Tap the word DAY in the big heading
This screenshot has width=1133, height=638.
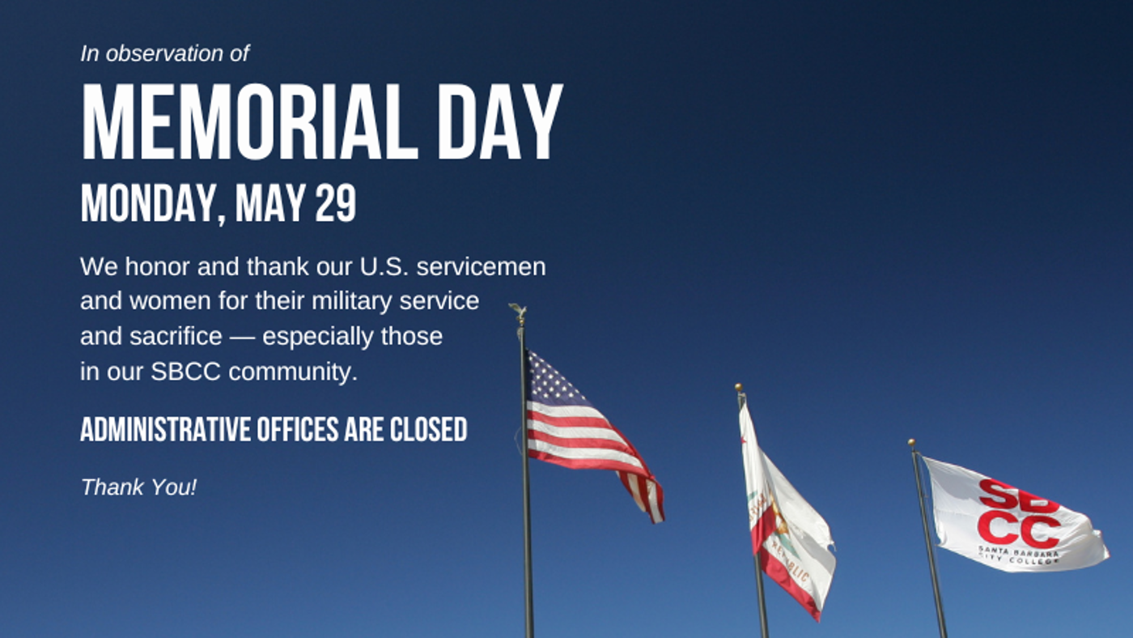500,122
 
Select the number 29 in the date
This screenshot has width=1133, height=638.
336,202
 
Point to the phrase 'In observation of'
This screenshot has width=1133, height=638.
165,53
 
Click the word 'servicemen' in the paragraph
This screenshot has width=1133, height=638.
481,266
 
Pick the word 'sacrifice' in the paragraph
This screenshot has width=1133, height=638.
176,336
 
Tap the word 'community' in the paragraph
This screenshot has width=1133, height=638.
293,372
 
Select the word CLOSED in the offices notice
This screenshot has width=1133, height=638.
428,430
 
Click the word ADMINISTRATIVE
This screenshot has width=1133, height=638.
165,430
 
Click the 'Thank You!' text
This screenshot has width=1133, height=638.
138,487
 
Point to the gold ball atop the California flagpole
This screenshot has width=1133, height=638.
738,387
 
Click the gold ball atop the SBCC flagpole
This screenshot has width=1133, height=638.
911,443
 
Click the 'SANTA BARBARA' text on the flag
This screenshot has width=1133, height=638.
1018,551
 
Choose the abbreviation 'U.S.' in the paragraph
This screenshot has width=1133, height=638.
384,266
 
